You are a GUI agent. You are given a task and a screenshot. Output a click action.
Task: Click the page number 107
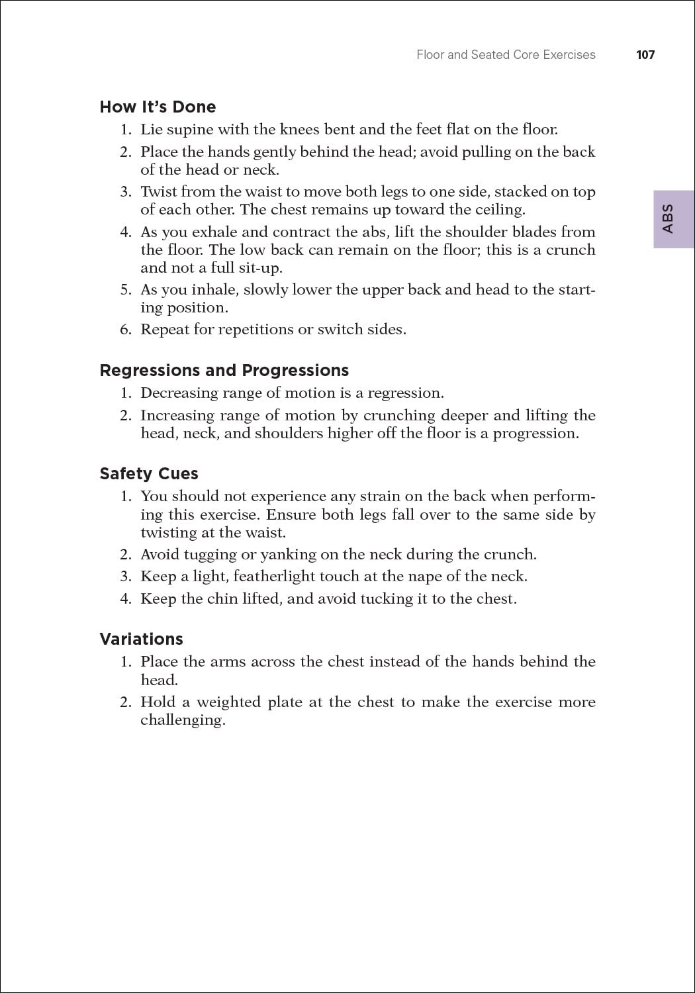tap(645, 55)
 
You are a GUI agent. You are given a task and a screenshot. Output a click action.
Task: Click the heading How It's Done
tap(158, 107)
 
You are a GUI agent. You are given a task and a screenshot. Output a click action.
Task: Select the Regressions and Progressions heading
tap(224, 370)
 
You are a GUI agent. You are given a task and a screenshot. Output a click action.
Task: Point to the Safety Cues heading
tap(149, 474)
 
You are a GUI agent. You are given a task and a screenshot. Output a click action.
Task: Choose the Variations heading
tap(141, 639)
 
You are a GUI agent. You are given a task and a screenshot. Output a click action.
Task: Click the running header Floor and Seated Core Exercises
tap(506, 55)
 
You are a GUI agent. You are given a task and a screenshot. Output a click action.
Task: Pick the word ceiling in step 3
tap(500, 210)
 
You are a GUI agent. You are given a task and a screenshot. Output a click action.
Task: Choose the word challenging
tap(183, 720)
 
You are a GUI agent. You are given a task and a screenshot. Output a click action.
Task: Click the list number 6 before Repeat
tap(125, 330)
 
